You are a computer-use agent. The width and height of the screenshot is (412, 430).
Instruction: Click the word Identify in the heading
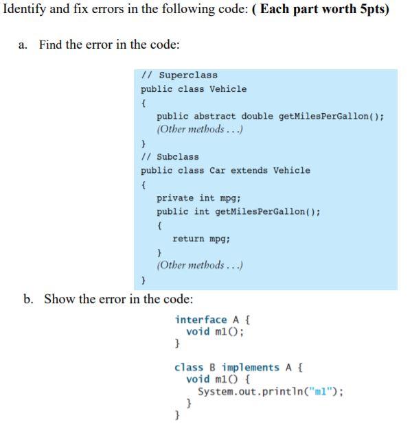pos(25,10)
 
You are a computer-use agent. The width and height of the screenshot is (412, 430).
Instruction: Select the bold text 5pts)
pos(374,10)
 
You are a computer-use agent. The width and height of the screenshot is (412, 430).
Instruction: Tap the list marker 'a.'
pos(23,45)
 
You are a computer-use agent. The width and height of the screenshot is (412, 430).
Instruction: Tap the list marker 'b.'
pos(28,299)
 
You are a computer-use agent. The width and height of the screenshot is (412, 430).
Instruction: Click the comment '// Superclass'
pos(179,75)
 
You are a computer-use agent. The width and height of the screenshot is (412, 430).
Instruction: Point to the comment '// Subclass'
pos(170,157)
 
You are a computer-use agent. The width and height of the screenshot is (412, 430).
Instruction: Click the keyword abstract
pos(215,117)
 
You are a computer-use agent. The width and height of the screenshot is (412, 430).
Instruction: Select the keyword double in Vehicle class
pos(257,117)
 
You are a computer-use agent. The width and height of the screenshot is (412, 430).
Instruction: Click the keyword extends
pos(249,171)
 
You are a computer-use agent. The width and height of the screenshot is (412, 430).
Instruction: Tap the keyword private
pos(175,198)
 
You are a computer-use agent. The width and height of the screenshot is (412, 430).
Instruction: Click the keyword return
pos(188,239)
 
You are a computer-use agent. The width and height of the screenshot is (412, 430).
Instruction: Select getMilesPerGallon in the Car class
pos(260,212)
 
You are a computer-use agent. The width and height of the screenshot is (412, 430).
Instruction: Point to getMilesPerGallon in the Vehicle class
pos(324,117)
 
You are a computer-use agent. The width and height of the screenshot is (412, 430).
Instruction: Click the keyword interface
pos(201,320)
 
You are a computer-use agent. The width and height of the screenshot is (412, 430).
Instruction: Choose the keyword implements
pos(251,368)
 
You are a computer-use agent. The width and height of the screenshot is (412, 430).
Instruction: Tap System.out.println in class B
pos(252,392)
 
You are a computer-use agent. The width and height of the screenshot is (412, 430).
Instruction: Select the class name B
pos(212,368)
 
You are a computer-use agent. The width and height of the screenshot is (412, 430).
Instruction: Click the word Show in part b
pos(59,299)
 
